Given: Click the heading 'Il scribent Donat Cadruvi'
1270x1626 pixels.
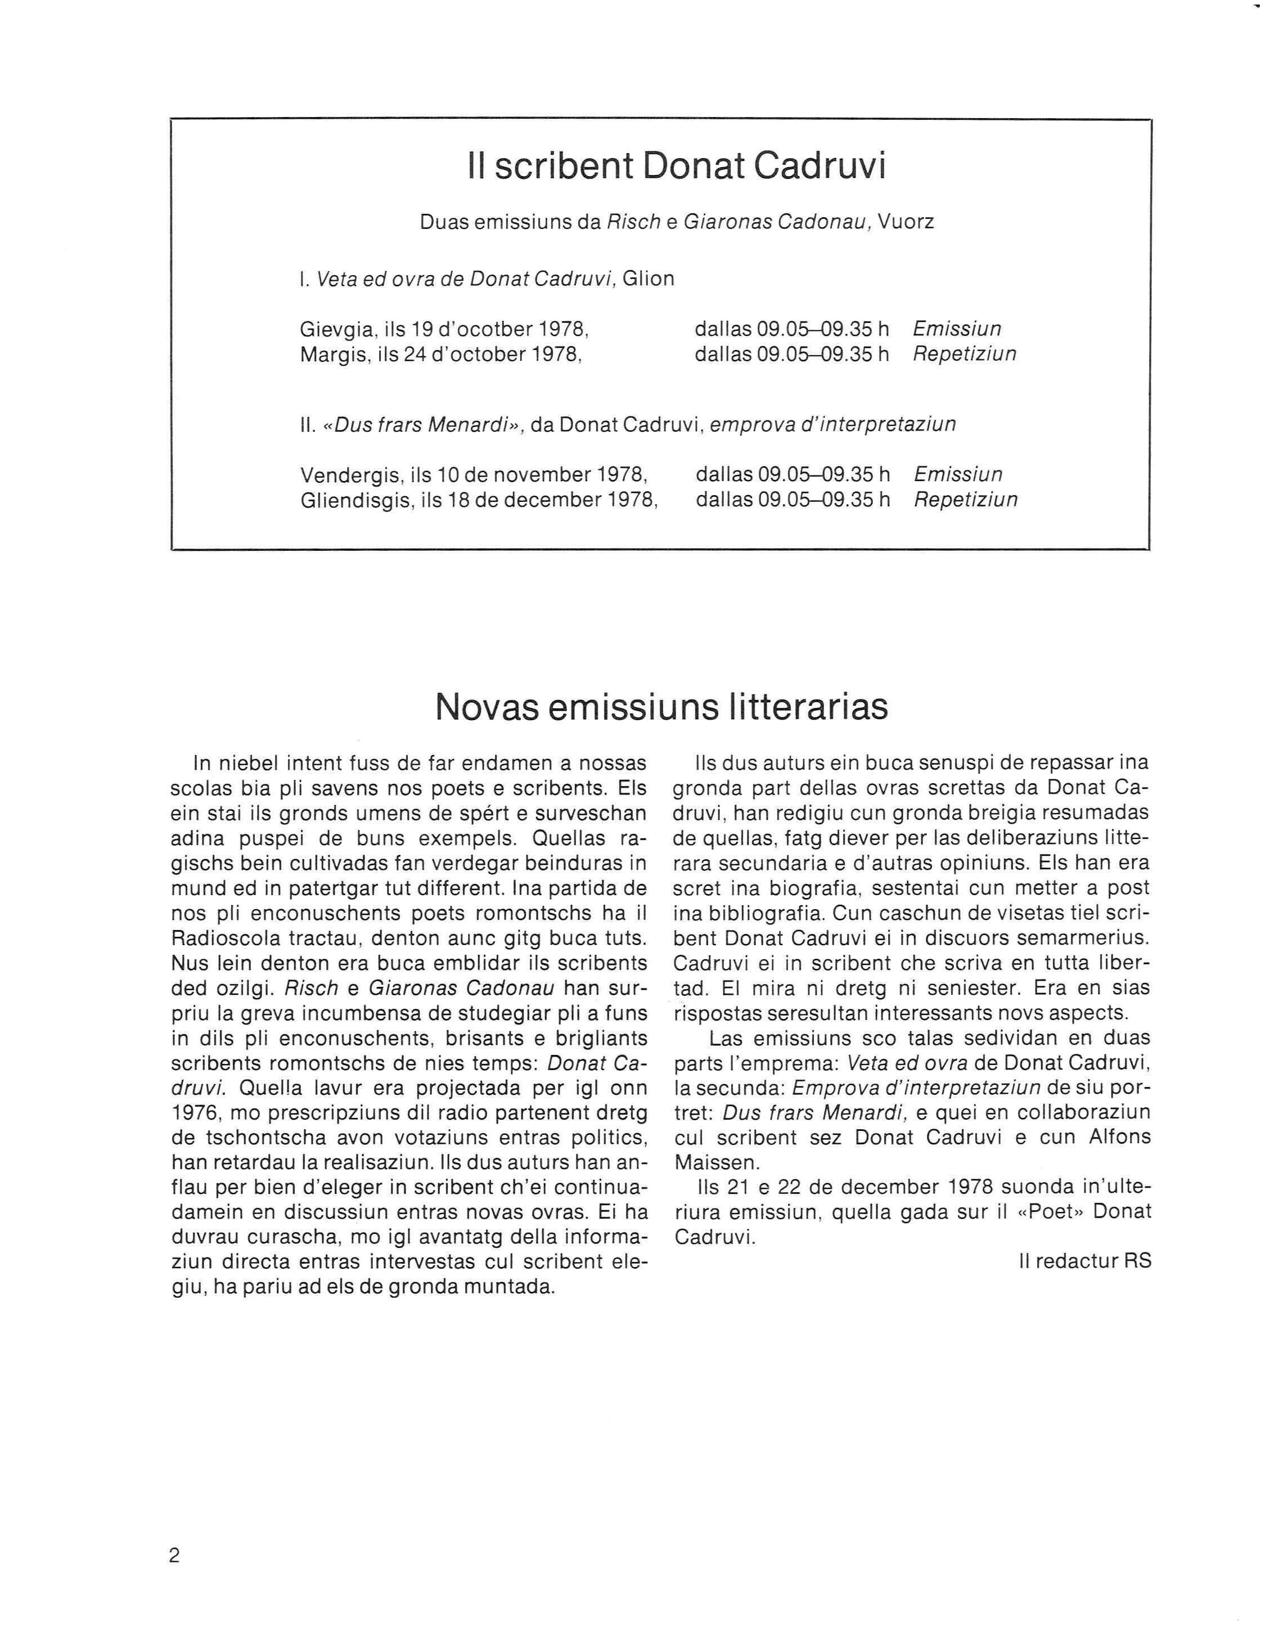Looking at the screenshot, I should (x=677, y=167).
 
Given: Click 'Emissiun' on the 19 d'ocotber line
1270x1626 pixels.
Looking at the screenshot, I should (x=957, y=329).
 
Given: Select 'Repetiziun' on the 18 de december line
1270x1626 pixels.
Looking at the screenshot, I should (x=966, y=499).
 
